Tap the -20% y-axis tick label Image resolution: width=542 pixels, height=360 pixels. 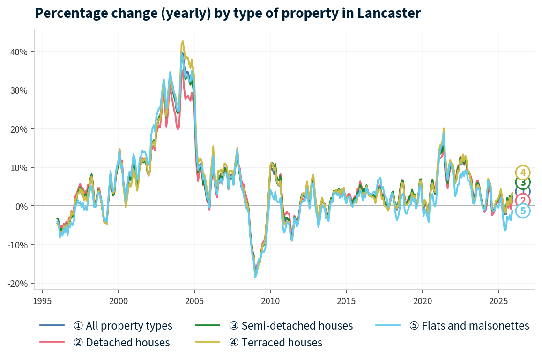[17, 283]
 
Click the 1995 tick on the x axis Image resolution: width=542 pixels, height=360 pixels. [42, 300]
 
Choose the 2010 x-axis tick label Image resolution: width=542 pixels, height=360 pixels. [270, 300]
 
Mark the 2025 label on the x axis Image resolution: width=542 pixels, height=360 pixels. [498, 300]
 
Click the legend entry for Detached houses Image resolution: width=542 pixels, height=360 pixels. [121, 343]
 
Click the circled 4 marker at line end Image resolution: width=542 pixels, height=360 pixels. [523, 172]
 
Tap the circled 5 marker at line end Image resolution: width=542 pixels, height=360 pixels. [523, 211]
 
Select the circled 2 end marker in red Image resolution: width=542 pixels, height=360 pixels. [523, 201]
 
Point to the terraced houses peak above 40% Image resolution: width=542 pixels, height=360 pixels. [183, 41]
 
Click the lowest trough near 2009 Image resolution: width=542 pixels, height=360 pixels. [255, 277]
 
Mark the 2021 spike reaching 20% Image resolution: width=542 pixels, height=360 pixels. [443, 128]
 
